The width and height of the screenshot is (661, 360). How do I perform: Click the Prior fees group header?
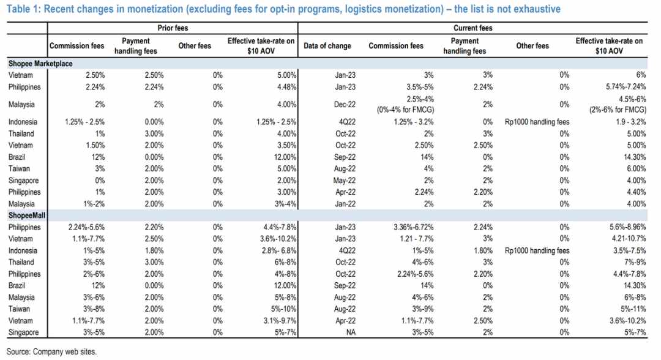coord(173,28)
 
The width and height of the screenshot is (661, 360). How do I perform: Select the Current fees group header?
coord(472,28)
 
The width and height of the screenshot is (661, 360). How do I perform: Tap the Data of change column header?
coord(327,46)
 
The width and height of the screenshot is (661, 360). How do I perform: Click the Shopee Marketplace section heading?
coord(40,64)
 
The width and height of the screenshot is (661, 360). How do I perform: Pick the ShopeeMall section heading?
coord(26,216)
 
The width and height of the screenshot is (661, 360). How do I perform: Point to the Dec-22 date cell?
coord(345,105)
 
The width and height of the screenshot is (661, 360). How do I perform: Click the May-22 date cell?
coord(345,181)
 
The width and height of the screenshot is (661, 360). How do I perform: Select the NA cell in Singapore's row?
coord(351,332)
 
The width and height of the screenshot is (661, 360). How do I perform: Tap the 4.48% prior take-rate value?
coord(286,87)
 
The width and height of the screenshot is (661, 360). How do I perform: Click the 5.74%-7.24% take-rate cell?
coord(626,87)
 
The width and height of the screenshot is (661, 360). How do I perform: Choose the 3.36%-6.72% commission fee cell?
coord(414,227)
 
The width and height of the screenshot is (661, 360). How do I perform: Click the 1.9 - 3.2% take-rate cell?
coord(630,122)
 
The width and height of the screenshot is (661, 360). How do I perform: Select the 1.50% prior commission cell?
coord(95,146)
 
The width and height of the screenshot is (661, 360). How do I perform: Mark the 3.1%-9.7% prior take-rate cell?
coord(280,321)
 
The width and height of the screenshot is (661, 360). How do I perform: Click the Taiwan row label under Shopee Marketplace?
coord(19,168)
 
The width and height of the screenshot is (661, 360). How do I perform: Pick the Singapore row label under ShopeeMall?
coord(24,332)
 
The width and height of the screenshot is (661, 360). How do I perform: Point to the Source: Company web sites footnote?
coord(51,351)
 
